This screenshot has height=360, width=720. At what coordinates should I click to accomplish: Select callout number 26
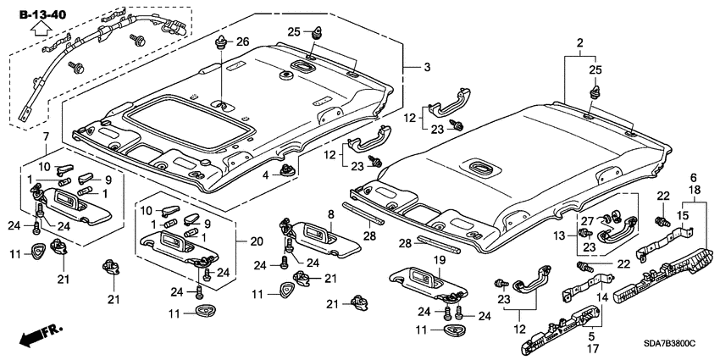point(242,42)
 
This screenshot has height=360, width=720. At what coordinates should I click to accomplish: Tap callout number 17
point(604,346)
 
